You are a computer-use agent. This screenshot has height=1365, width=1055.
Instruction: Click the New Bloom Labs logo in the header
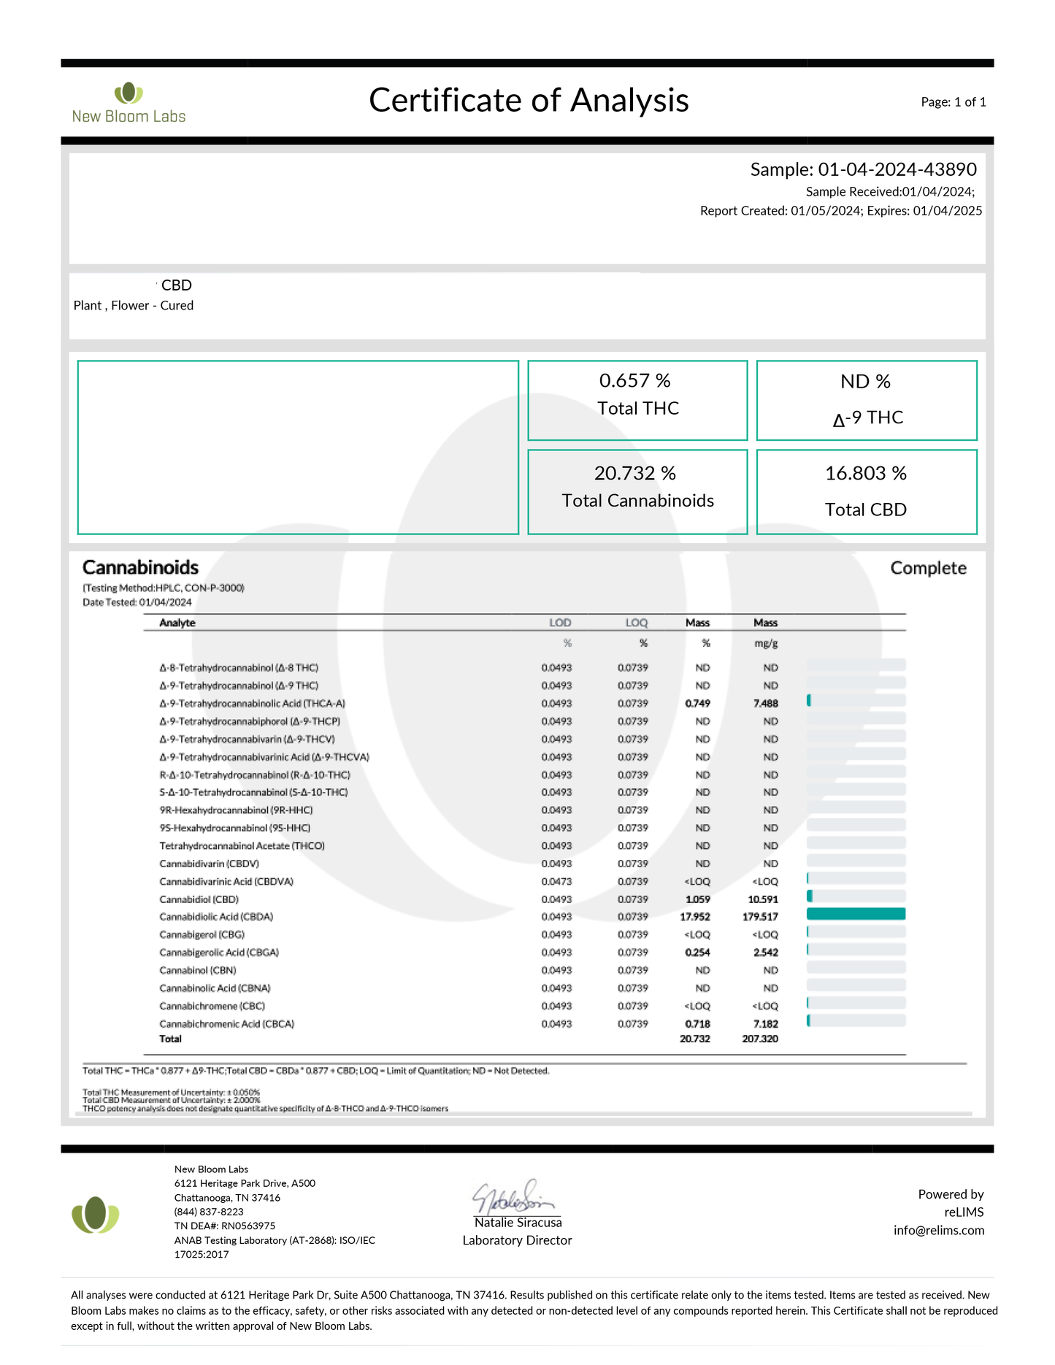click(x=128, y=103)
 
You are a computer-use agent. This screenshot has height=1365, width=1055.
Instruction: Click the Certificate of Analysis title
click(x=529, y=101)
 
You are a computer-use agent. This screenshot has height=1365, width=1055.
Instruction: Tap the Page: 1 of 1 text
click(x=953, y=102)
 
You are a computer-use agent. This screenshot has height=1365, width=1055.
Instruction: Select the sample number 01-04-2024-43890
click(x=897, y=169)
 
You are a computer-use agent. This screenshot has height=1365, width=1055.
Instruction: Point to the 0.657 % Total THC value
click(x=634, y=381)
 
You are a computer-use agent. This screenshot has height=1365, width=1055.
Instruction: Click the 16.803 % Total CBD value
click(x=865, y=474)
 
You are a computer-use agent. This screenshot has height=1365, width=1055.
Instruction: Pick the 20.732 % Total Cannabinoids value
click(x=634, y=474)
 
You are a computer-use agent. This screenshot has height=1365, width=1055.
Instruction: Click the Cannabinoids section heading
click(x=140, y=568)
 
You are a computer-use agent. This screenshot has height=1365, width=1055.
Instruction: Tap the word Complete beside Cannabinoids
click(x=928, y=569)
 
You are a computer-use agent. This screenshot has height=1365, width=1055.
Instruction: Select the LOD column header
click(x=560, y=623)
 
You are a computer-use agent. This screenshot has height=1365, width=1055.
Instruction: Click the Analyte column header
click(x=177, y=623)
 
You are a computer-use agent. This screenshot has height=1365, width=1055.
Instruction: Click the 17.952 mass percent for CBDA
click(x=695, y=917)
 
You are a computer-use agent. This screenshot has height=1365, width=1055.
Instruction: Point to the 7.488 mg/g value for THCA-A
click(x=766, y=704)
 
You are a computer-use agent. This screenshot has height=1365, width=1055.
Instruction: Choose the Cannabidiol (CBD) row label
click(x=199, y=899)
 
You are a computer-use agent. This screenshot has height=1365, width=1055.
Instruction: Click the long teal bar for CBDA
click(x=856, y=914)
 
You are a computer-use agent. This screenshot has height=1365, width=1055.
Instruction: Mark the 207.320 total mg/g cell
click(x=760, y=1039)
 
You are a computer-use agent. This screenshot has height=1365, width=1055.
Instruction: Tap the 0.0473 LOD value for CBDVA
click(x=556, y=882)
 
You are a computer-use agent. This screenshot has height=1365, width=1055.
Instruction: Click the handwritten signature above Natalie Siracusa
click(x=514, y=1196)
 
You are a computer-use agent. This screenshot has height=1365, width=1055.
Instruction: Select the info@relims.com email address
click(x=939, y=1230)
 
